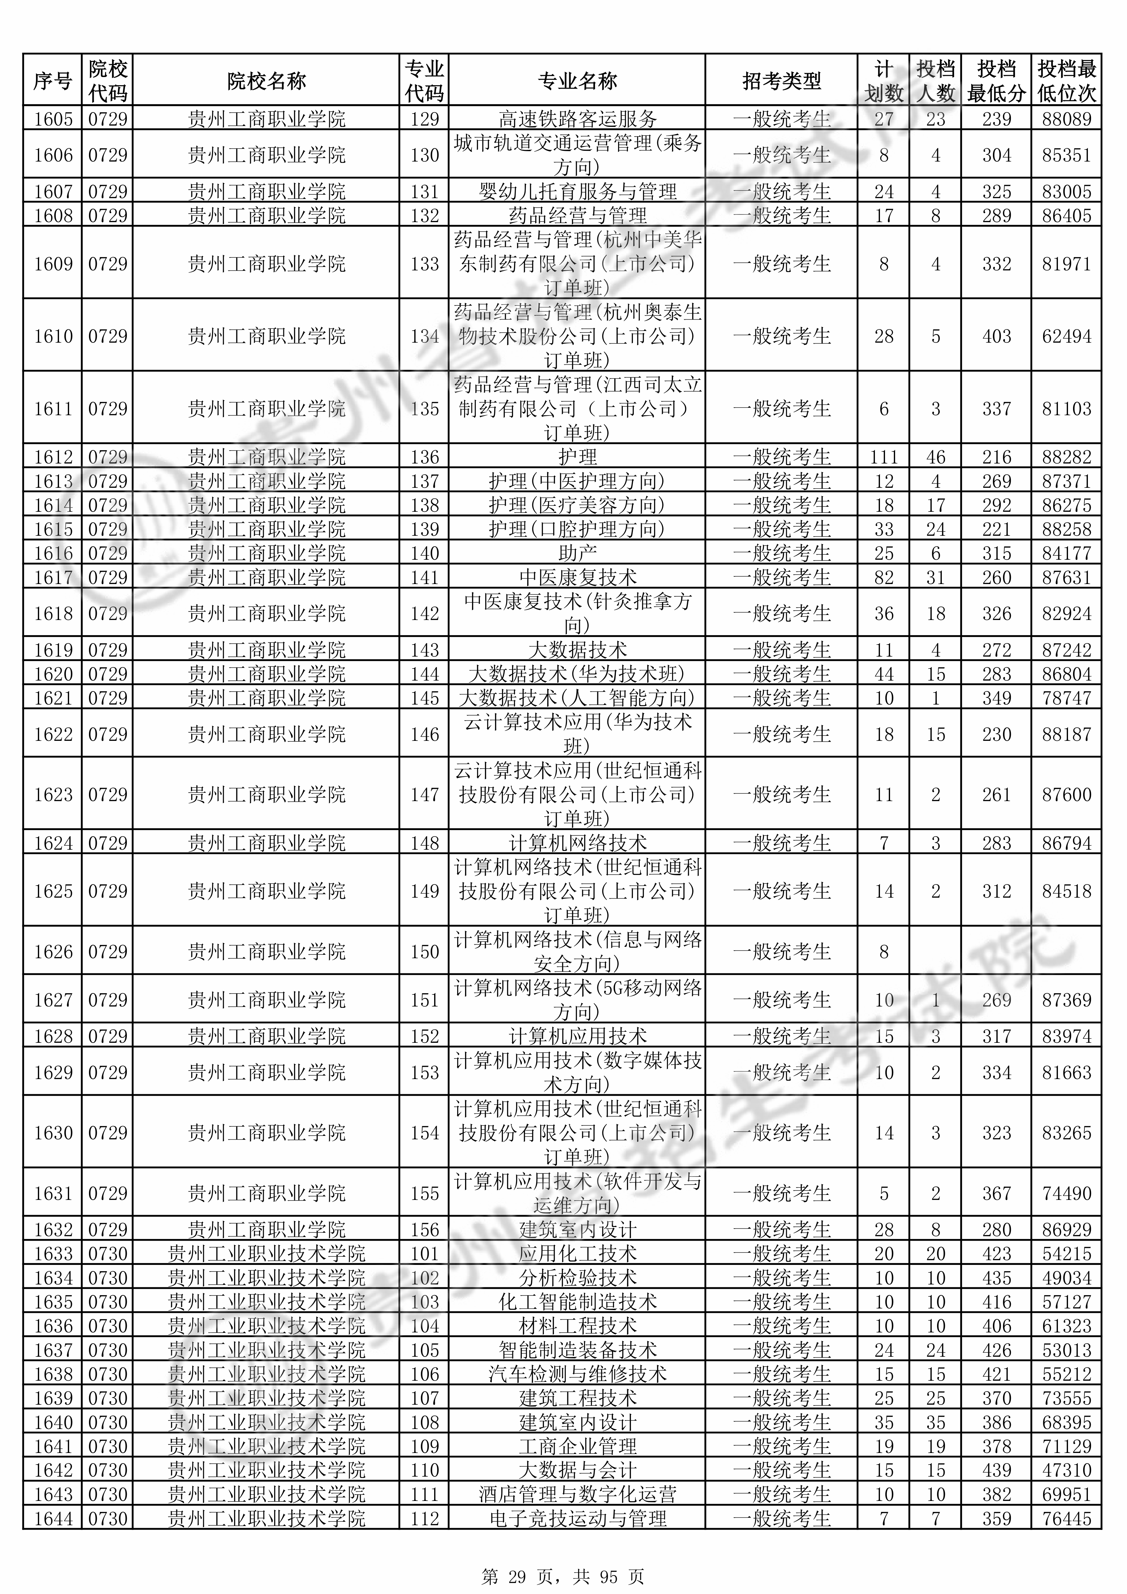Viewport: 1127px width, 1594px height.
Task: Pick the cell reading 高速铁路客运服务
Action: (577, 119)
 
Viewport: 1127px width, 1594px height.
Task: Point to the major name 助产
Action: (577, 553)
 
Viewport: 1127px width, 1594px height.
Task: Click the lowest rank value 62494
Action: (1067, 336)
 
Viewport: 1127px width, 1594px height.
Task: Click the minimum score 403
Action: (996, 336)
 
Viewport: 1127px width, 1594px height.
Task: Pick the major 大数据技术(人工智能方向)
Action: (577, 698)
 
